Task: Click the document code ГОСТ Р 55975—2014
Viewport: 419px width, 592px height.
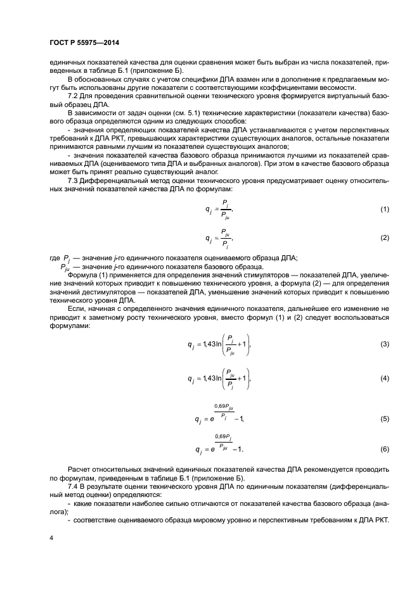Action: pyautogui.click(x=84, y=44)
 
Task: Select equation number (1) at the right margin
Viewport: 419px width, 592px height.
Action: pyautogui.click(x=384, y=208)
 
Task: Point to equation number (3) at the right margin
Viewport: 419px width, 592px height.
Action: pyautogui.click(x=384, y=344)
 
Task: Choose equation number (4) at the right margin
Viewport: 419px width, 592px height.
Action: pyautogui.click(x=384, y=378)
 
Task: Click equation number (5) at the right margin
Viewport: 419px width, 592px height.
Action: pyautogui.click(x=384, y=419)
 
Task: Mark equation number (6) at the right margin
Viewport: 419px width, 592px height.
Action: pyautogui.click(x=384, y=449)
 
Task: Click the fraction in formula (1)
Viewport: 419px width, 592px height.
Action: pyautogui.click(x=224, y=208)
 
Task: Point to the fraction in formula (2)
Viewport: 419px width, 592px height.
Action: pyautogui.click(x=224, y=238)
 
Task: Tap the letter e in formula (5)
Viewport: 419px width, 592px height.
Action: pyautogui.click(x=212, y=420)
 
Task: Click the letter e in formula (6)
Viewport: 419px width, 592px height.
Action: pyautogui.click(x=212, y=450)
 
